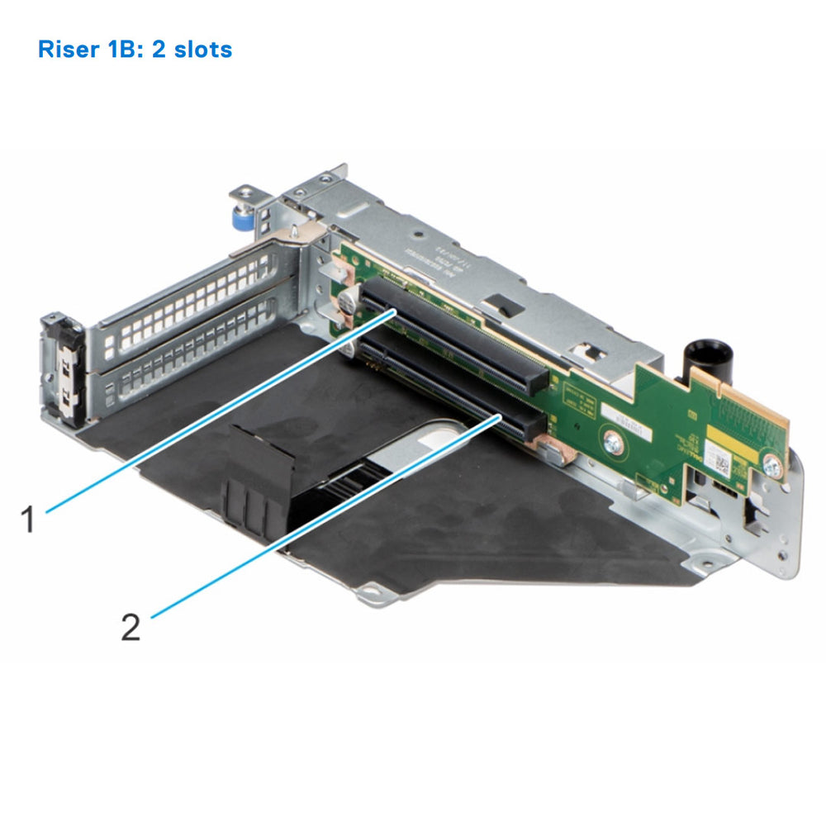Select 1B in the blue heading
(126, 50)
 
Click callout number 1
(28, 520)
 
